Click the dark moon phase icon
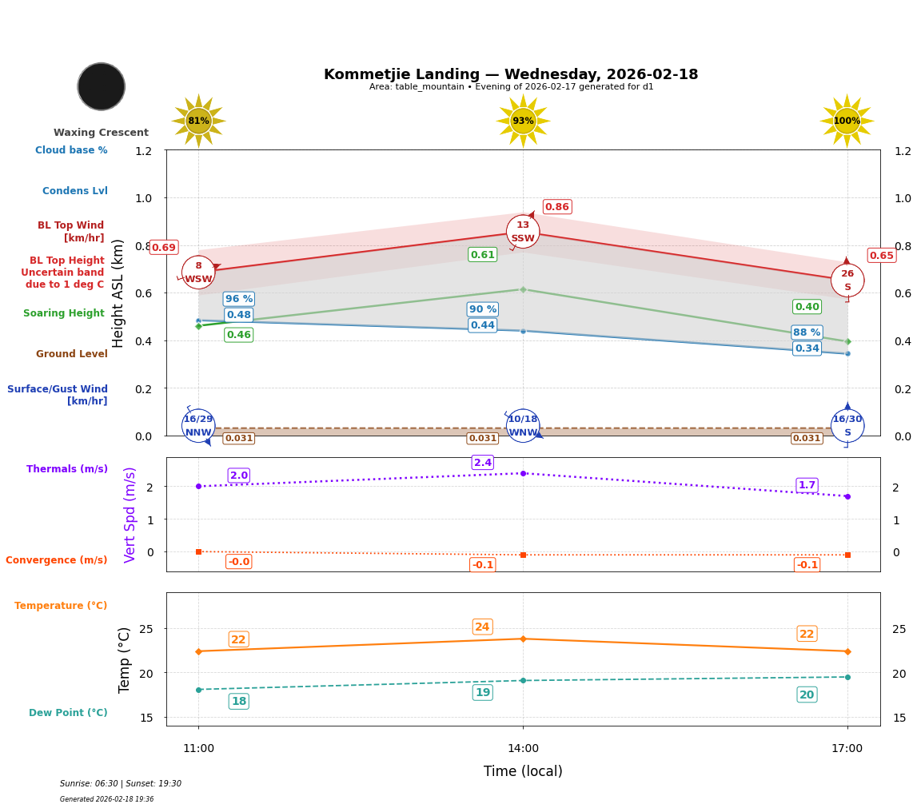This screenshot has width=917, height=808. (x=102, y=86)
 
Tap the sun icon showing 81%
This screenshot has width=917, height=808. (x=198, y=121)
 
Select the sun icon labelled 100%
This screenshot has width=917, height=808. (x=847, y=121)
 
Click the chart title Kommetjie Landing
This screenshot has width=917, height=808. (x=510, y=74)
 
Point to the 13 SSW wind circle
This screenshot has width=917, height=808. (x=523, y=232)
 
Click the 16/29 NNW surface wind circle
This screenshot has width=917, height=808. (x=198, y=425)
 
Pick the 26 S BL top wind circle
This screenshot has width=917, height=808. (x=847, y=280)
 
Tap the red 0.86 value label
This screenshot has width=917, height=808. (x=556, y=207)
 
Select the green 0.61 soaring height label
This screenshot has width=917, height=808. (x=482, y=255)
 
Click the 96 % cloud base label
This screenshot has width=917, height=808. (x=238, y=299)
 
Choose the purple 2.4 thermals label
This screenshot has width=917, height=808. (x=482, y=463)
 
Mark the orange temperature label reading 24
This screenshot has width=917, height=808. (x=482, y=627)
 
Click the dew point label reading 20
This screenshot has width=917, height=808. (x=807, y=695)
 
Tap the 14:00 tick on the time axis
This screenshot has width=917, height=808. (x=523, y=749)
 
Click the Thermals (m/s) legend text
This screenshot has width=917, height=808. (x=66, y=469)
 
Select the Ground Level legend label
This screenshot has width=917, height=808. (x=71, y=354)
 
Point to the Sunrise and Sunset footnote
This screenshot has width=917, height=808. (x=120, y=784)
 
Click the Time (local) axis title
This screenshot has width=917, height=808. (x=523, y=771)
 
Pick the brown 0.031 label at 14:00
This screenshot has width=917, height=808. (x=482, y=438)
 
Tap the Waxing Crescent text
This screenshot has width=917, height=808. (x=101, y=133)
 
